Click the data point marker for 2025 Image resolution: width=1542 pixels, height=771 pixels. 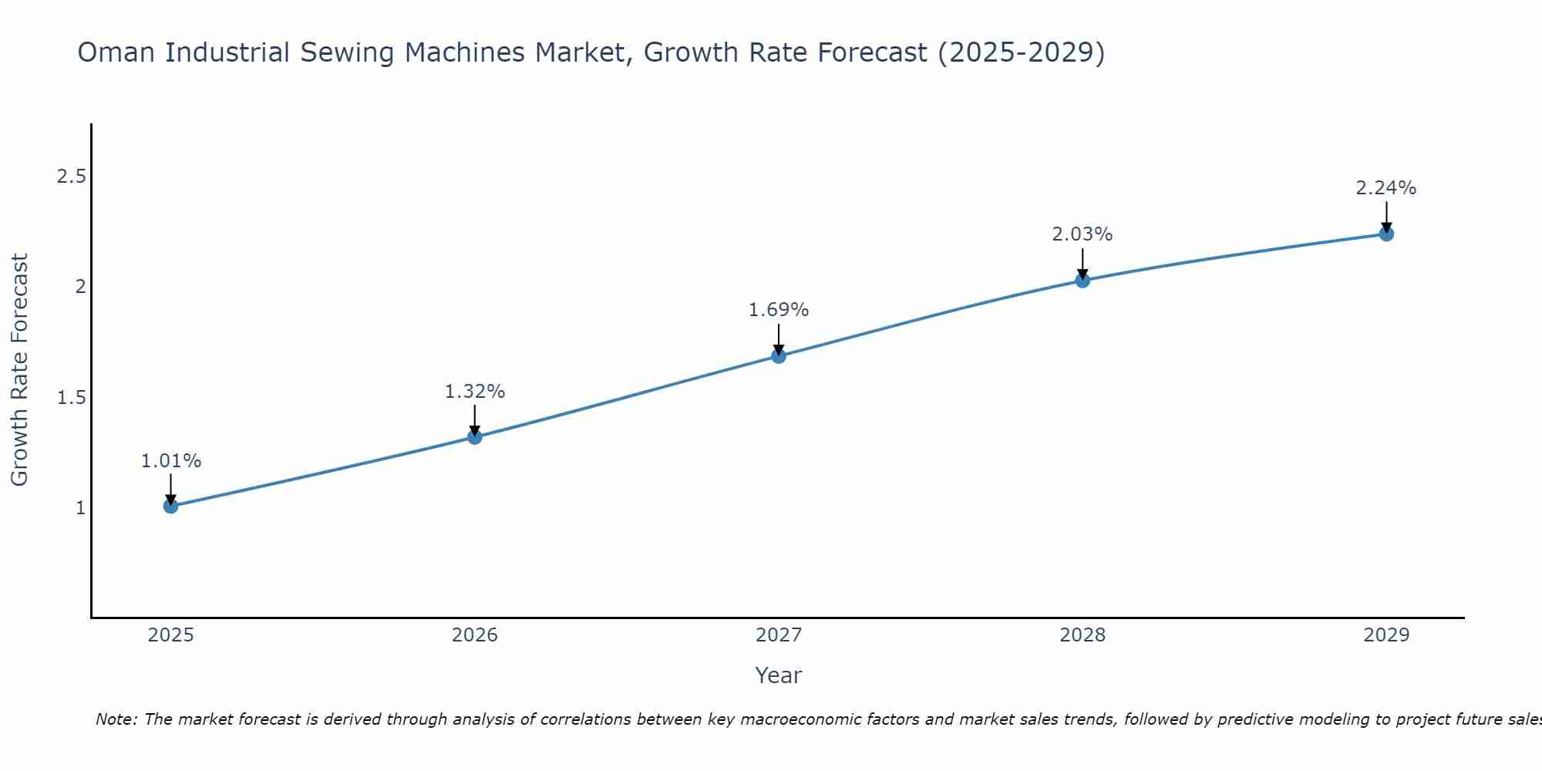[171, 506]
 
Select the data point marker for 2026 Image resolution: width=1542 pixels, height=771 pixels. [475, 437]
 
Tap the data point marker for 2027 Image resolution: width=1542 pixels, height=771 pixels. [779, 355]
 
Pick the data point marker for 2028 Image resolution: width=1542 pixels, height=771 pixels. [1082, 281]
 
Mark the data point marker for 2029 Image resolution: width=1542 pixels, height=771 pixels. [1386, 234]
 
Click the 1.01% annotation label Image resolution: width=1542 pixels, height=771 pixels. [171, 461]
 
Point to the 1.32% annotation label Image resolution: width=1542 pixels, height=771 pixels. [475, 392]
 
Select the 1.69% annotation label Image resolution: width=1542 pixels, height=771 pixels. [779, 310]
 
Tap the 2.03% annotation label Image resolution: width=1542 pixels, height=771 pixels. [1082, 234]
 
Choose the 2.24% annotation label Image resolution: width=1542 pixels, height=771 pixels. [1386, 188]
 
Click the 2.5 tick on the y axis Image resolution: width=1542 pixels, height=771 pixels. [71, 177]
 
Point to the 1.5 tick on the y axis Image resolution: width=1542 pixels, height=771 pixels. [71, 398]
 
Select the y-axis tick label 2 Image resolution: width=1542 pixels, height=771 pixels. [80, 287]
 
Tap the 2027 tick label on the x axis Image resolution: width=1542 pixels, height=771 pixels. [779, 635]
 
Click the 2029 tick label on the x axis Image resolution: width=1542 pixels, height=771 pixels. [1386, 635]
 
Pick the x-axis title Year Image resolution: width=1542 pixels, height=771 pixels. [779, 675]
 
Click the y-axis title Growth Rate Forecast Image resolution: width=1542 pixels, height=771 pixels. [20, 370]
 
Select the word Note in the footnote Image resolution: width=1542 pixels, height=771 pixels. [116, 719]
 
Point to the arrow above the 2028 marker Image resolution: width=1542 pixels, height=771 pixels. [1082, 264]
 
